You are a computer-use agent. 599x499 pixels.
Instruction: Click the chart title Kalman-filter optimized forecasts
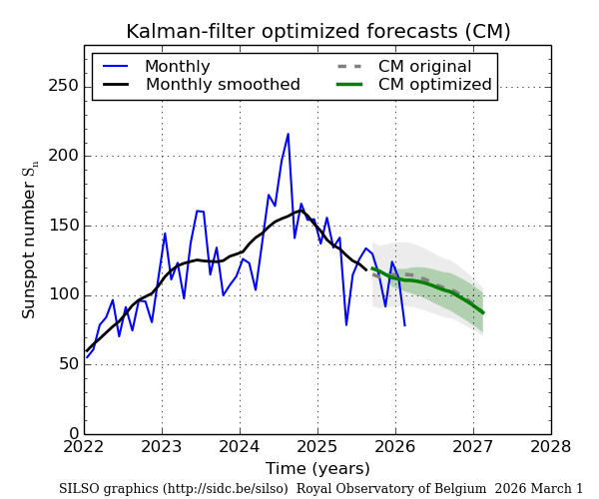pos(317,31)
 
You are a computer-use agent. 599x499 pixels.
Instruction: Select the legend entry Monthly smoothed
pos(223,85)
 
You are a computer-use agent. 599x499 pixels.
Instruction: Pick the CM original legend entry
pos(424,67)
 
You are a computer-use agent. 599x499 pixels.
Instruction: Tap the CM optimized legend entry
pos(434,85)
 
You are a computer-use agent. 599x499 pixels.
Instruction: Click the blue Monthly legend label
pos(177,67)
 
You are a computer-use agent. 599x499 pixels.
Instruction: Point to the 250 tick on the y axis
pos(63,86)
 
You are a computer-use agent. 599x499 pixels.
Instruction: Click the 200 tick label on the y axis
pos(63,156)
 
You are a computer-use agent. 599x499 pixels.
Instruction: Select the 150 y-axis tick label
pos(63,225)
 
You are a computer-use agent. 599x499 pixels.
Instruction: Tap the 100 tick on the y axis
pos(63,294)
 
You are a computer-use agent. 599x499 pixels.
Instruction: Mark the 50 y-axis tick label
pos(67,364)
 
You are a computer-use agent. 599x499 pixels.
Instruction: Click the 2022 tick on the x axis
pos(85,447)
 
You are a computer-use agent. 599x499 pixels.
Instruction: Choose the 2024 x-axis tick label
pos(240,447)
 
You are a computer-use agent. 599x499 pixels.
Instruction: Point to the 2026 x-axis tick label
pos(395,447)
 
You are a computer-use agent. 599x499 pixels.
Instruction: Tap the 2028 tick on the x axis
pos(550,447)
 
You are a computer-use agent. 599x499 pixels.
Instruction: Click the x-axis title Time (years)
pos(317,468)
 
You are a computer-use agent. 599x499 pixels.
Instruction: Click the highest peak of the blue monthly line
pos(289,134)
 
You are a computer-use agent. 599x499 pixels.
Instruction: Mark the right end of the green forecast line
pos(483,312)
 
